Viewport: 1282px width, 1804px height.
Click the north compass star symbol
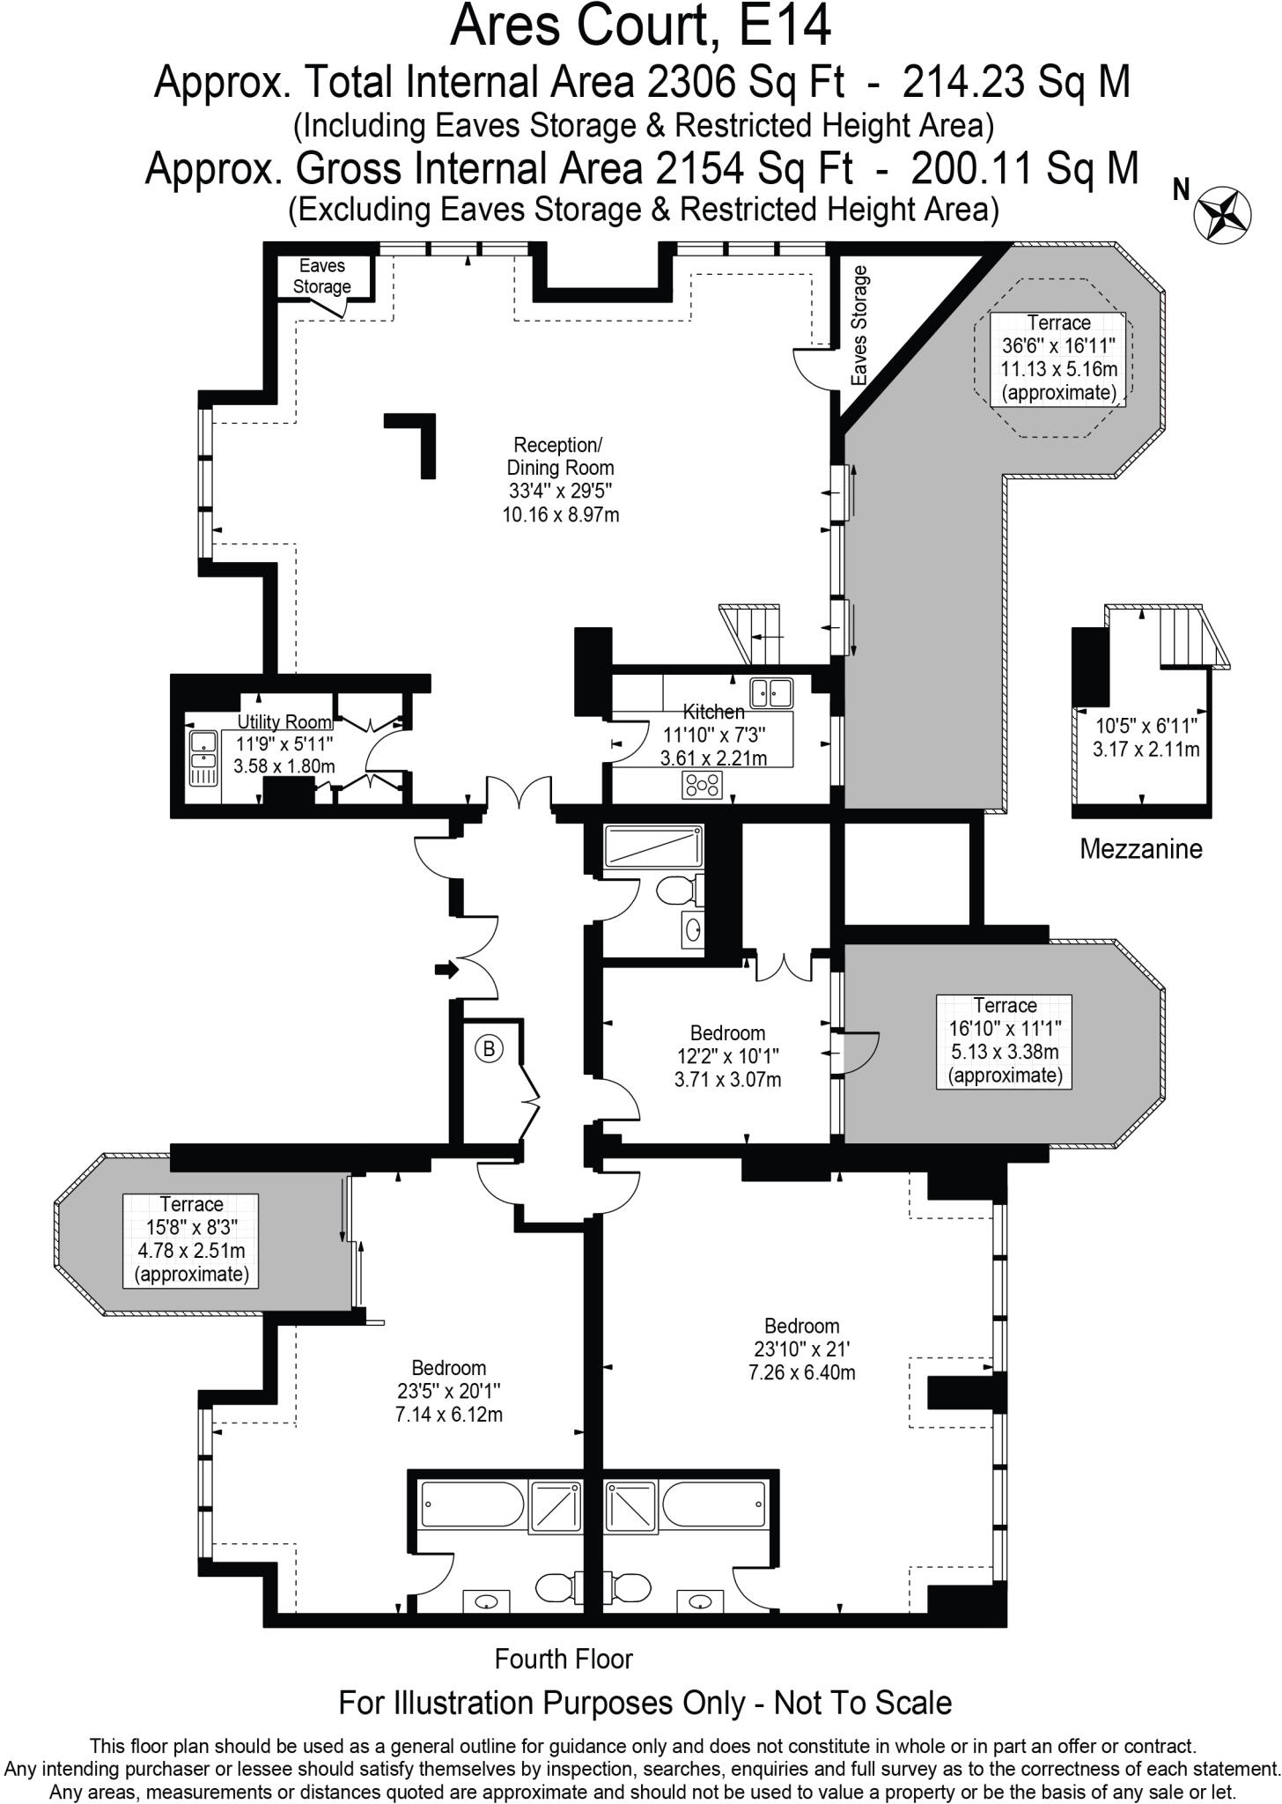pos(1222,212)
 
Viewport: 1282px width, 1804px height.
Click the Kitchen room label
pos(714,711)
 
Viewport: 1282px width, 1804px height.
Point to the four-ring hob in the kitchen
pos(703,784)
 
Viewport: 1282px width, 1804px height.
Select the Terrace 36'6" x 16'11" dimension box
pos(1057,358)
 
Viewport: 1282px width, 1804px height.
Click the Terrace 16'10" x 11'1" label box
pos(1005,1040)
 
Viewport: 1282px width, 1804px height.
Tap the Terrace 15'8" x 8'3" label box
pos(191,1239)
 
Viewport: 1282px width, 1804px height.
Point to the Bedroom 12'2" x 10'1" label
pos(727,1055)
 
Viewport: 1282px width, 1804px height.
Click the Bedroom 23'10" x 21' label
pos(801,1349)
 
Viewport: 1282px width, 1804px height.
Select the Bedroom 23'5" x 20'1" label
pos(449,1391)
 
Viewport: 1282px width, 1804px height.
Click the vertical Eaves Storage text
pos(860,325)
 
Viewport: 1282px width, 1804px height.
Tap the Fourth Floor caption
pos(564,1659)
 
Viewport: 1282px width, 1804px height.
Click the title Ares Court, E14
pos(640,26)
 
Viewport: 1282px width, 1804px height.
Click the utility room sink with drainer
pos(203,757)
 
